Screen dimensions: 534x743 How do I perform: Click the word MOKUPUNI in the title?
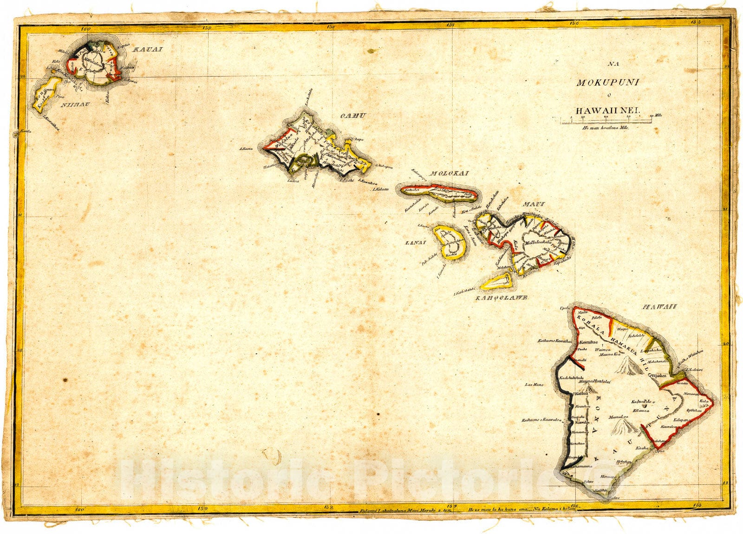pyautogui.click(x=607, y=83)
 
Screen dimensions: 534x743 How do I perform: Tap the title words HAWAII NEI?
pyautogui.click(x=607, y=111)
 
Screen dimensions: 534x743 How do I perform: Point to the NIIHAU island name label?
pyautogui.click(x=76, y=104)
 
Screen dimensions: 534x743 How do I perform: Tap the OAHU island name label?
pyautogui.click(x=353, y=116)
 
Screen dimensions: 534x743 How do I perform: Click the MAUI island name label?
pyautogui.click(x=534, y=204)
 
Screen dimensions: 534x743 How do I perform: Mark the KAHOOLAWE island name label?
pyautogui.click(x=501, y=298)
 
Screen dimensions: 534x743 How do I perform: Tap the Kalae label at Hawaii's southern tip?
pyautogui.click(x=614, y=497)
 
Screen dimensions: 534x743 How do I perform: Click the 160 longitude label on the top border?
pyautogui.click(x=85, y=28)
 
